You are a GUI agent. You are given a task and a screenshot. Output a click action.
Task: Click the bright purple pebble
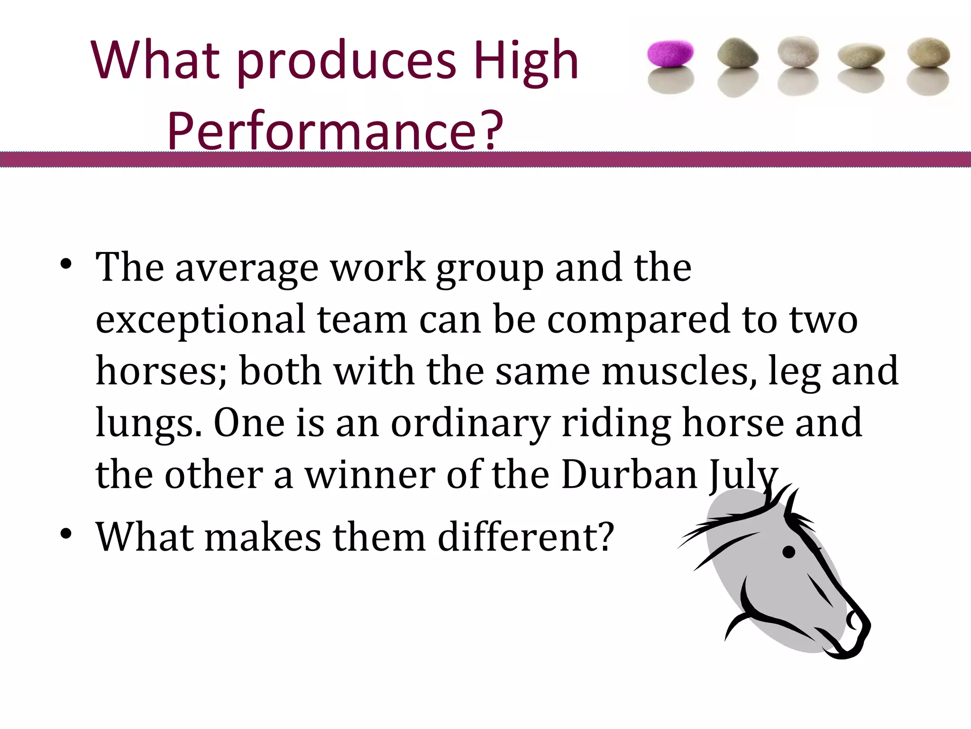pos(670,53)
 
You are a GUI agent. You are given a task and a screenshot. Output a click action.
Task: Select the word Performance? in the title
pos(335,130)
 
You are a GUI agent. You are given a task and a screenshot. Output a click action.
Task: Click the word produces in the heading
pos(346,61)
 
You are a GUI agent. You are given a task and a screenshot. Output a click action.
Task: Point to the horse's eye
pos(788,552)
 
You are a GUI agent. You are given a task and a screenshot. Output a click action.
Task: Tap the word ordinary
pos(470,423)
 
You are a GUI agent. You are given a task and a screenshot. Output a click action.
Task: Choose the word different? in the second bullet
pos(526,537)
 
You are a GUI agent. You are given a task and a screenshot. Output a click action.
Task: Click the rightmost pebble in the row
pos(928,53)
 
